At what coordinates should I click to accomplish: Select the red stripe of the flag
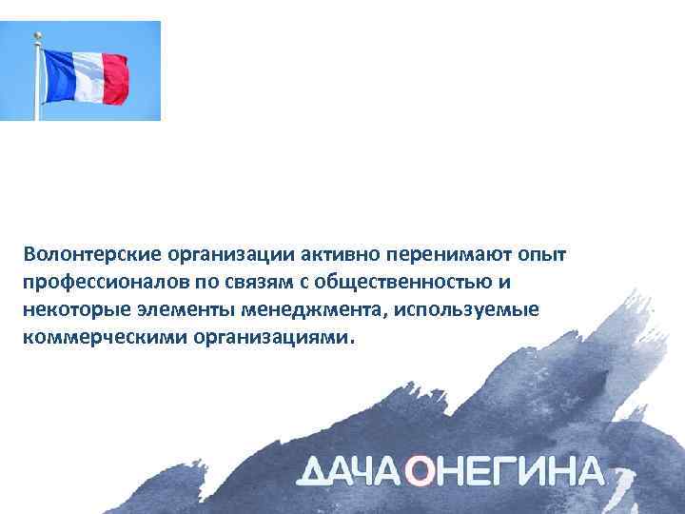(x=114, y=79)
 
